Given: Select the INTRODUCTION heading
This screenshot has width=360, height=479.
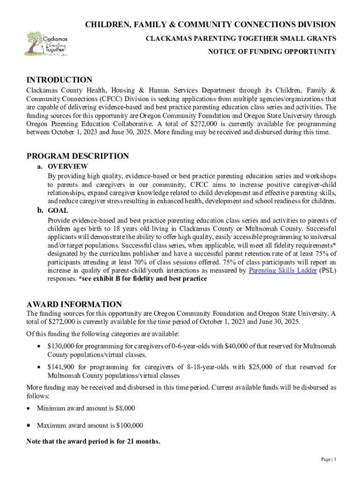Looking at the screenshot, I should (59, 80).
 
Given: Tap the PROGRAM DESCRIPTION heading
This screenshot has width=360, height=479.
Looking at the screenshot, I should (78, 156).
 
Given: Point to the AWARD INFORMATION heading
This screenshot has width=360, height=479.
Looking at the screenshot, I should (74, 304).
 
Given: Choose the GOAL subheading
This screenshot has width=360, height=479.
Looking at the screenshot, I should (58, 210).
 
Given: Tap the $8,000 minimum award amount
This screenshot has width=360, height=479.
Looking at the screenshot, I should (125, 408).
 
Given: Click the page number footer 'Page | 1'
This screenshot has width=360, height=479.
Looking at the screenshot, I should (328, 459).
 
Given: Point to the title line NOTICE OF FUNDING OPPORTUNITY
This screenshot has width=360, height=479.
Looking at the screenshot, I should (272, 52).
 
